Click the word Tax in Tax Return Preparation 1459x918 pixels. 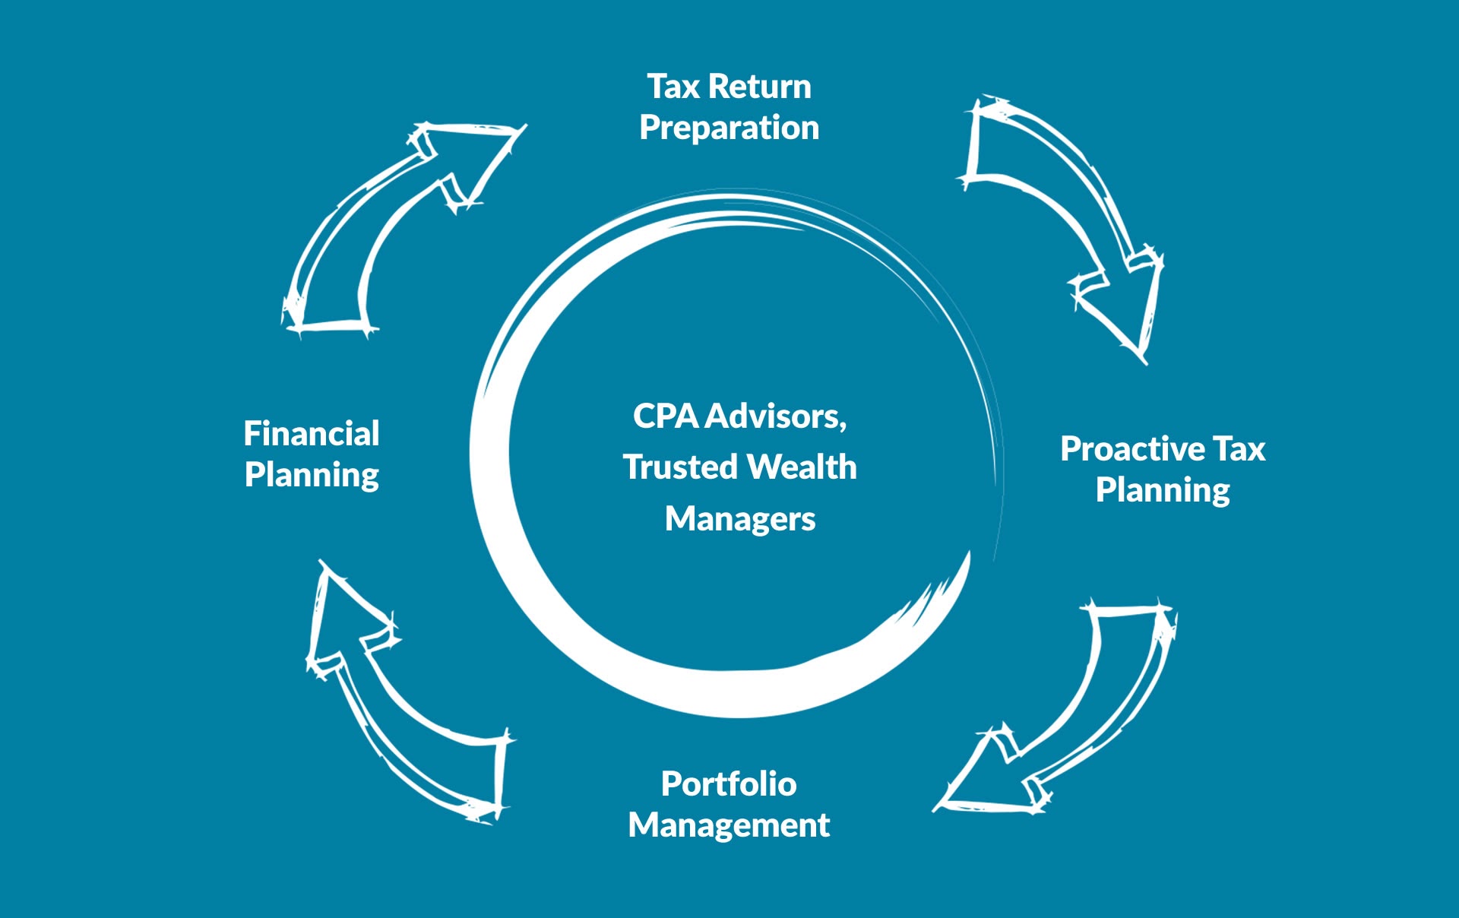[673, 87]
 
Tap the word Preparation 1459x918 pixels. [729, 128]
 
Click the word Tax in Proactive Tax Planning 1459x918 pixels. [1239, 449]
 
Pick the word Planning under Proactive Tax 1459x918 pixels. [1163, 490]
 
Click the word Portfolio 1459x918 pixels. [729, 784]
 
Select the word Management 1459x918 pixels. [729, 825]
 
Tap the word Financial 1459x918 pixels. [312, 434]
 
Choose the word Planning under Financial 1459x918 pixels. [312, 475]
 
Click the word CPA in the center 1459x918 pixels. [666, 416]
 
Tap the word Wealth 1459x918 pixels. [802, 467]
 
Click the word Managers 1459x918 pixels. [740, 519]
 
